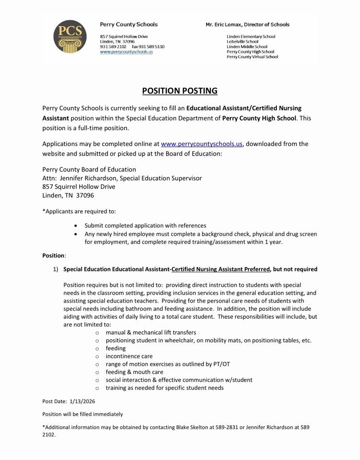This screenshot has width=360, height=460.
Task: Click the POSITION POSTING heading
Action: pyautogui.click(x=180, y=90)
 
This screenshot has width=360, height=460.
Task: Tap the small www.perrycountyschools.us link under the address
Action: pyautogui.click(x=126, y=51)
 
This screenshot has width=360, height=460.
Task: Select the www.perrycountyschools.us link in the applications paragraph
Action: pyautogui.click(x=203, y=144)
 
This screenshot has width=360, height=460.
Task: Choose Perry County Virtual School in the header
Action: pyautogui.click(x=252, y=57)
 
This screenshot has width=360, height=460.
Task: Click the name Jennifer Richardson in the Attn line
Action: pyautogui.click(x=89, y=178)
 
